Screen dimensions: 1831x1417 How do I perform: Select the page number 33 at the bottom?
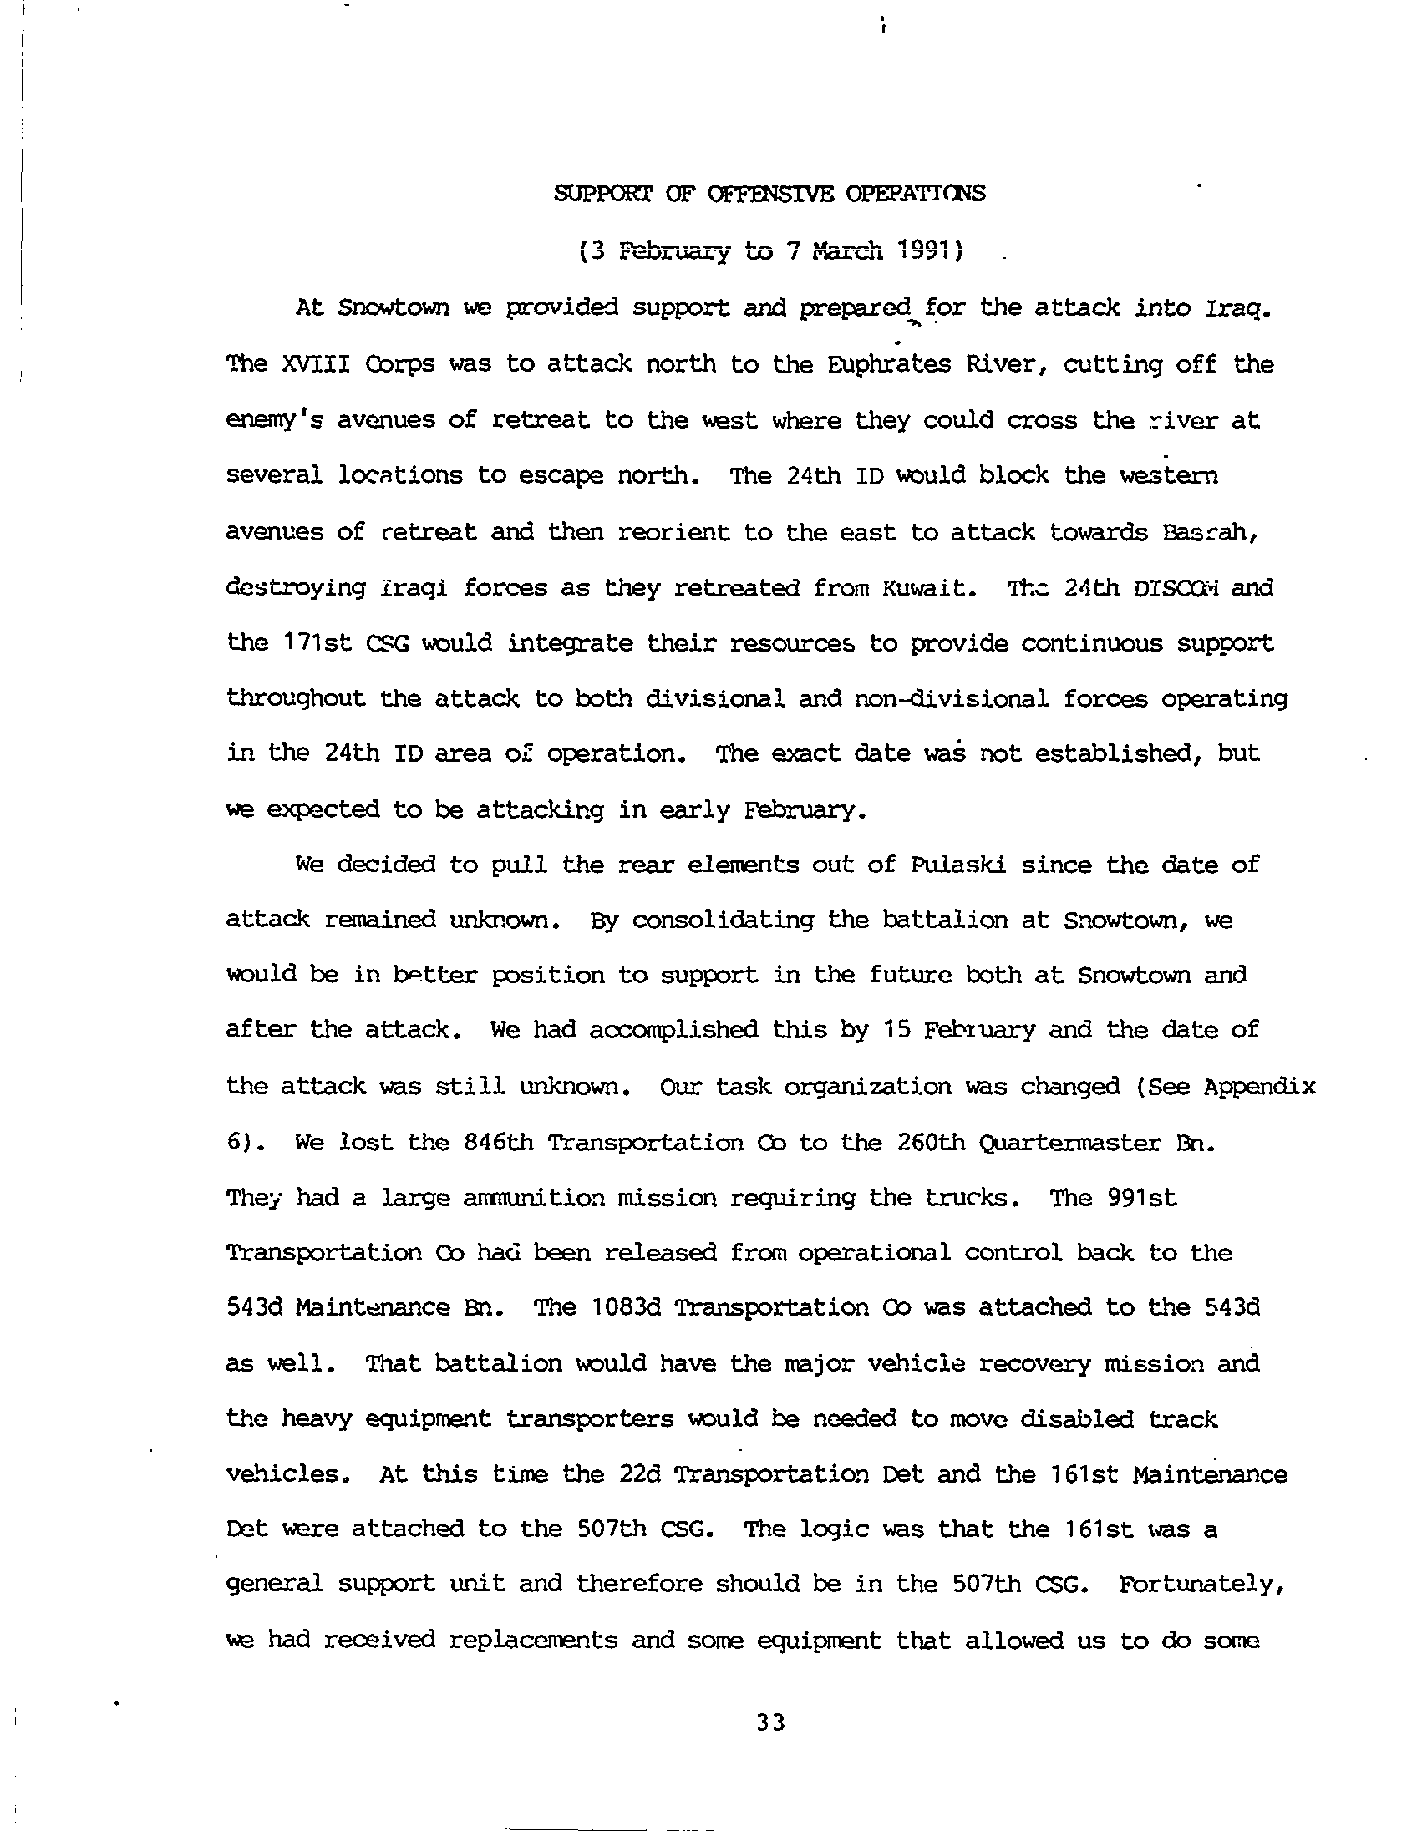point(769,1723)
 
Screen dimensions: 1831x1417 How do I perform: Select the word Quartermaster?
point(1069,1143)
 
